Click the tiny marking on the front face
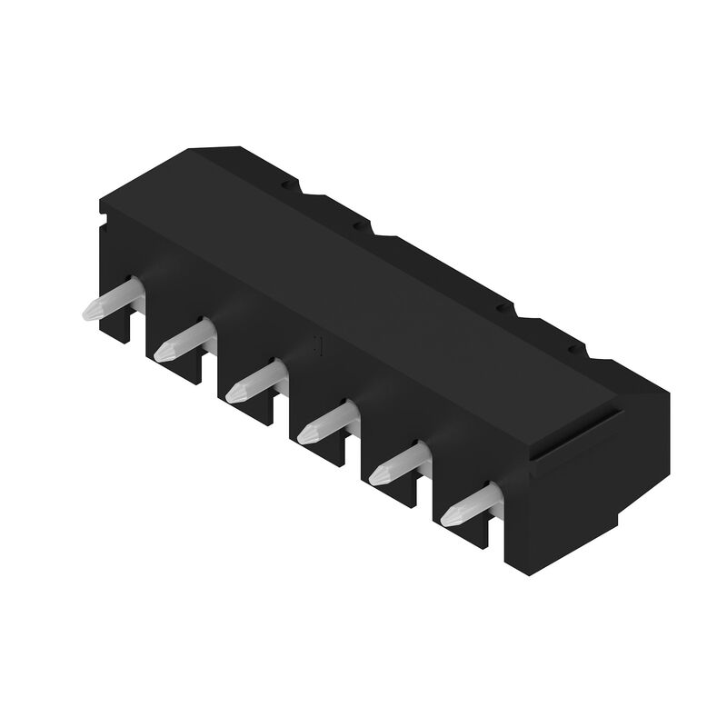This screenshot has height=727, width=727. coord(318,344)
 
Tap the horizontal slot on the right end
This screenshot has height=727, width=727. coord(578,434)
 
